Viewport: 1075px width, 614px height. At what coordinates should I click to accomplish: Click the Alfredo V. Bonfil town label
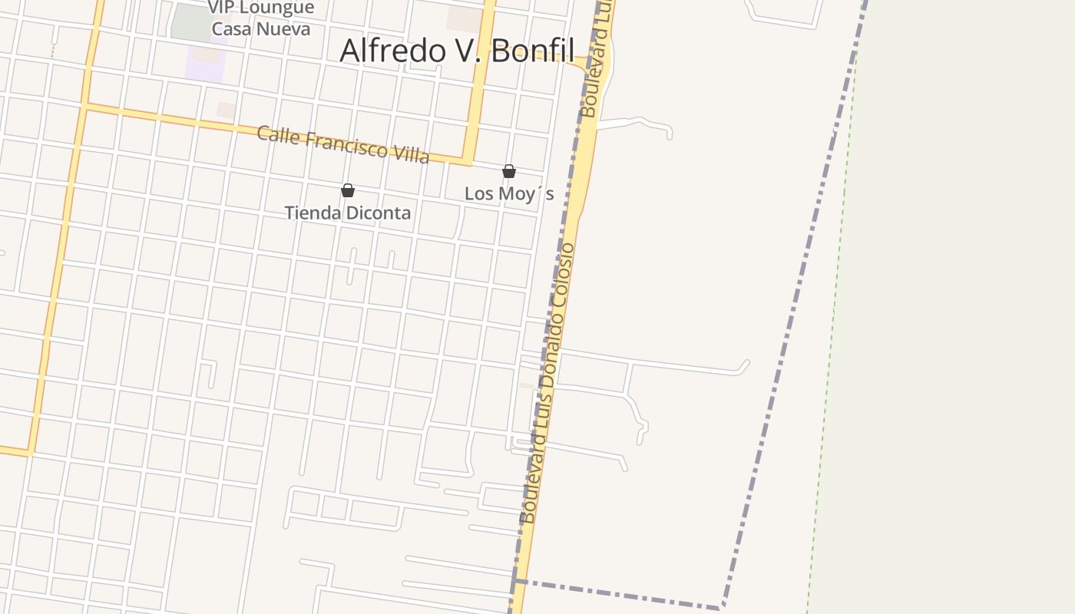(457, 51)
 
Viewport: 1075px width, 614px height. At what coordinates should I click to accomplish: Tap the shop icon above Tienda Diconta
(348, 190)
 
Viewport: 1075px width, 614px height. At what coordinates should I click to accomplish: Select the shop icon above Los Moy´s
(508, 171)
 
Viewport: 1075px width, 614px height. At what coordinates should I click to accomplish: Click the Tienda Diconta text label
(348, 213)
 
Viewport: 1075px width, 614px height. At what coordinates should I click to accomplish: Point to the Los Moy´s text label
(508, 193)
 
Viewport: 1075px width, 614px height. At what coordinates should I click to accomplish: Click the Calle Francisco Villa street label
(342, 144)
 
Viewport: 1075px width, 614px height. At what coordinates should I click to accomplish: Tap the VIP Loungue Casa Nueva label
(261, 18)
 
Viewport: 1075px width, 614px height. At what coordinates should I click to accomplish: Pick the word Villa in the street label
(411, 153)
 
